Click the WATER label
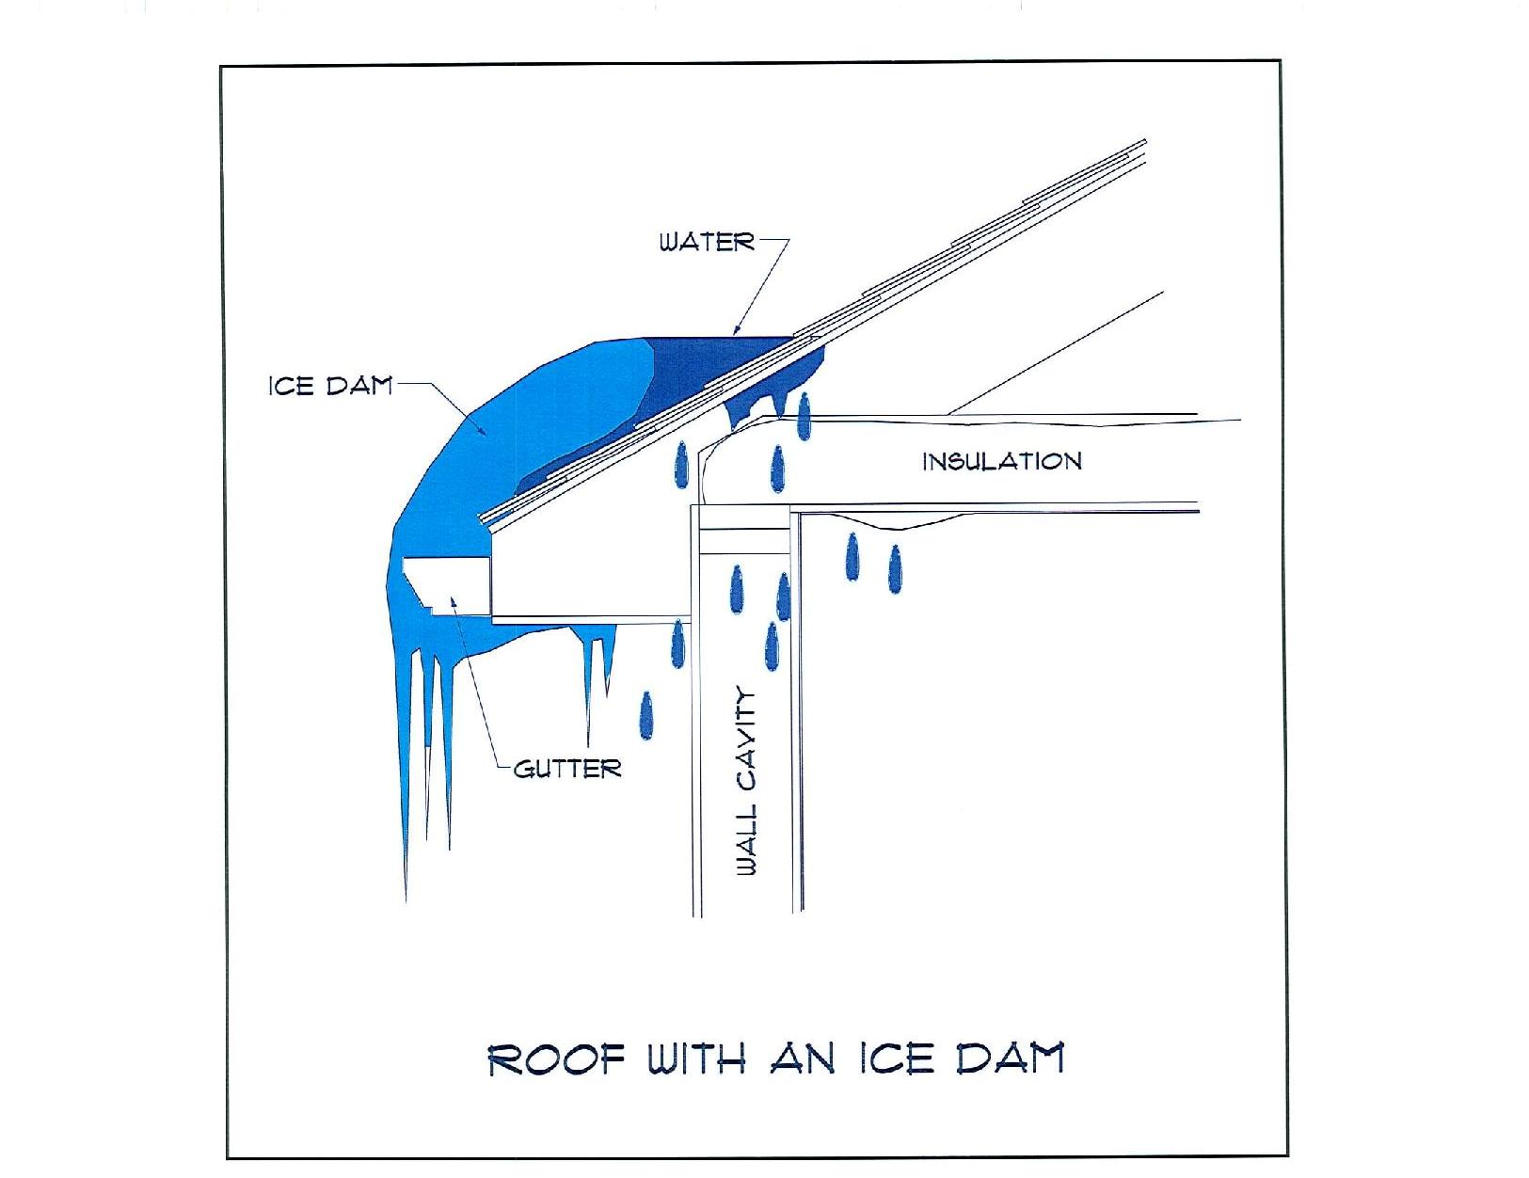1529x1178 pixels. [707, 243]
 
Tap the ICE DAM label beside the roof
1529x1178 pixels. [330, 386]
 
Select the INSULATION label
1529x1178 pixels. [1002, 462]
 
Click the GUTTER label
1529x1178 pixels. [567, 769]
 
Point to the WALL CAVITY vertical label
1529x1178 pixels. [746, 781]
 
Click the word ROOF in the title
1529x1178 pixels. [557, 1059]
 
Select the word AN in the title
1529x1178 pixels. [803, 1059]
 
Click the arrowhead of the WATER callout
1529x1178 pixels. [738, 329]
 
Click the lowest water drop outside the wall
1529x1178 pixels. [645, 715]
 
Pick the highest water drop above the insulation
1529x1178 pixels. [804, 417]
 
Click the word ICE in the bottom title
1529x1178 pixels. [896, 1059]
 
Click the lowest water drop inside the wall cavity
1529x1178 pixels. [772, 646]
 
